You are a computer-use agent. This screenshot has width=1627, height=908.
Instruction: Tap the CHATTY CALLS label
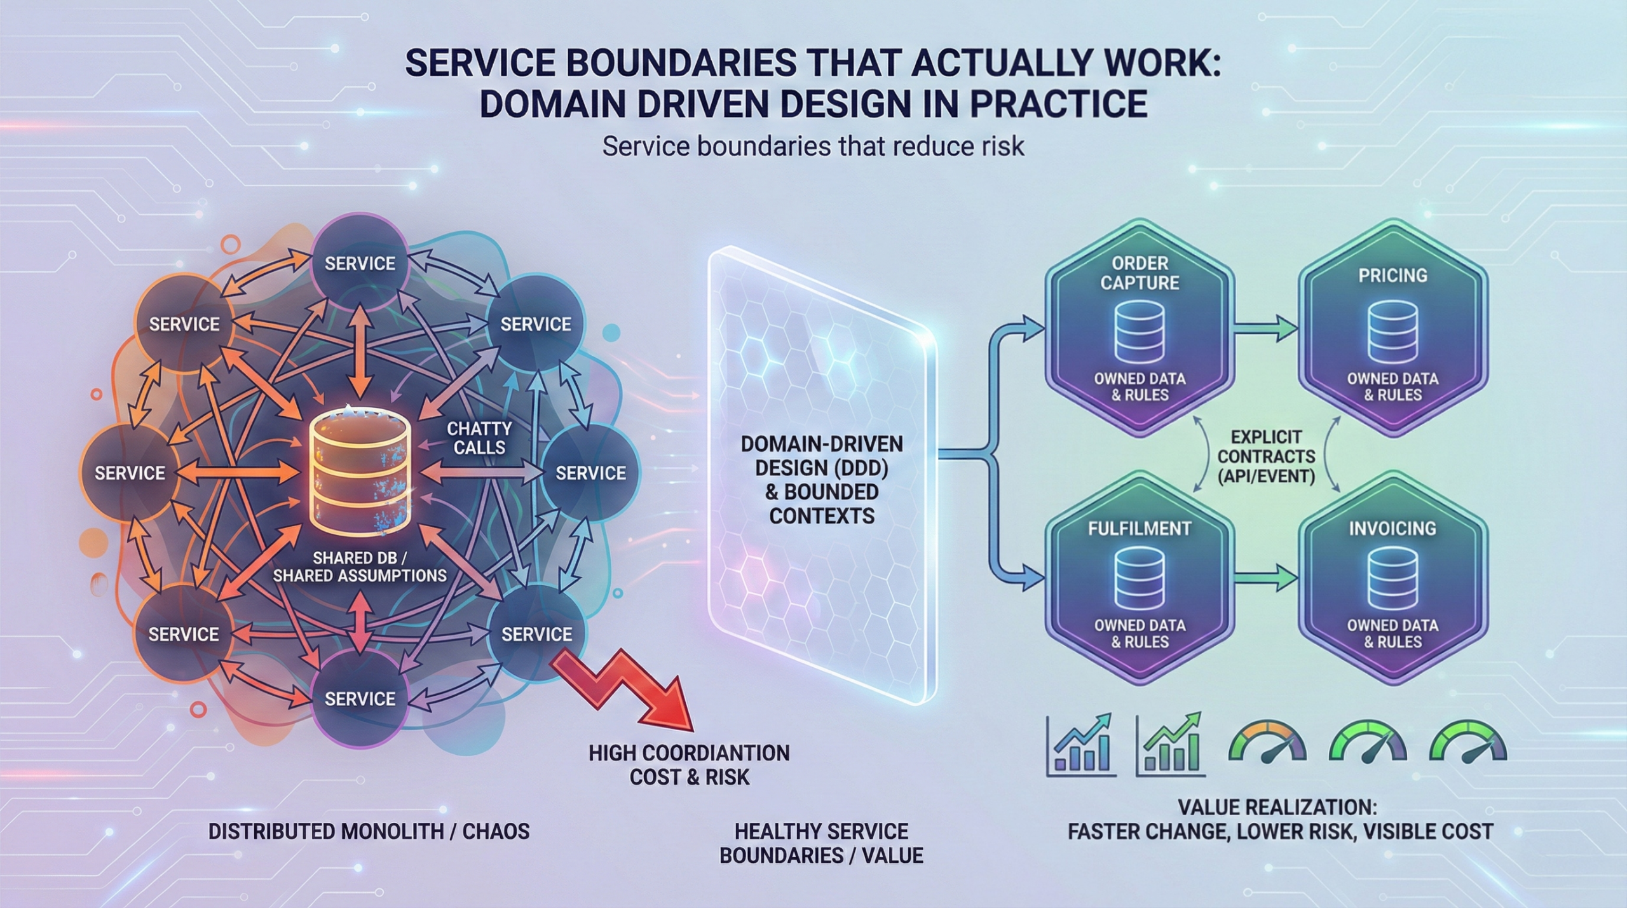[x=479, y=438]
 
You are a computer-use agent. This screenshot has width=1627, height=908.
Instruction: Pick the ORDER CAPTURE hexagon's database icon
[x=1140, y=330]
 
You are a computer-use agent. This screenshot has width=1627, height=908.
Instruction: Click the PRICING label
[x=1392, y=275]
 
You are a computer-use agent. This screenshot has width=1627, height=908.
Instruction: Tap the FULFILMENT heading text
[x=1139, y=528]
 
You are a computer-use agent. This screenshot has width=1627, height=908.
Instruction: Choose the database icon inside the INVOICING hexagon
[x=1392, y=580]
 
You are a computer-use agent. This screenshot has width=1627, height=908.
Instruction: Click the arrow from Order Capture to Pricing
[x=1265, y=329]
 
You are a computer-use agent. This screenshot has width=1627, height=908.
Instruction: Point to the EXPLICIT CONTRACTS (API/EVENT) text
[x=1266, y=456]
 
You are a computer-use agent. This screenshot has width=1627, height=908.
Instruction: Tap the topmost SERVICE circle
[x=360, y=262]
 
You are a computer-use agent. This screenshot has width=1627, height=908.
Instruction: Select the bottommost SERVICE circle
[x=360, y=698]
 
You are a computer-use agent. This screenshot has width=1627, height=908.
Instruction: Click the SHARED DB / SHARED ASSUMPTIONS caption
[x=360, y=567]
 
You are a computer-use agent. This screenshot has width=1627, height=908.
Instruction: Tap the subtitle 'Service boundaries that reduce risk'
[x=813, y=147]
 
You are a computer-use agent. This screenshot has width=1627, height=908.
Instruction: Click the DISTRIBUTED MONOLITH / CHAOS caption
[x=369, y=831]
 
